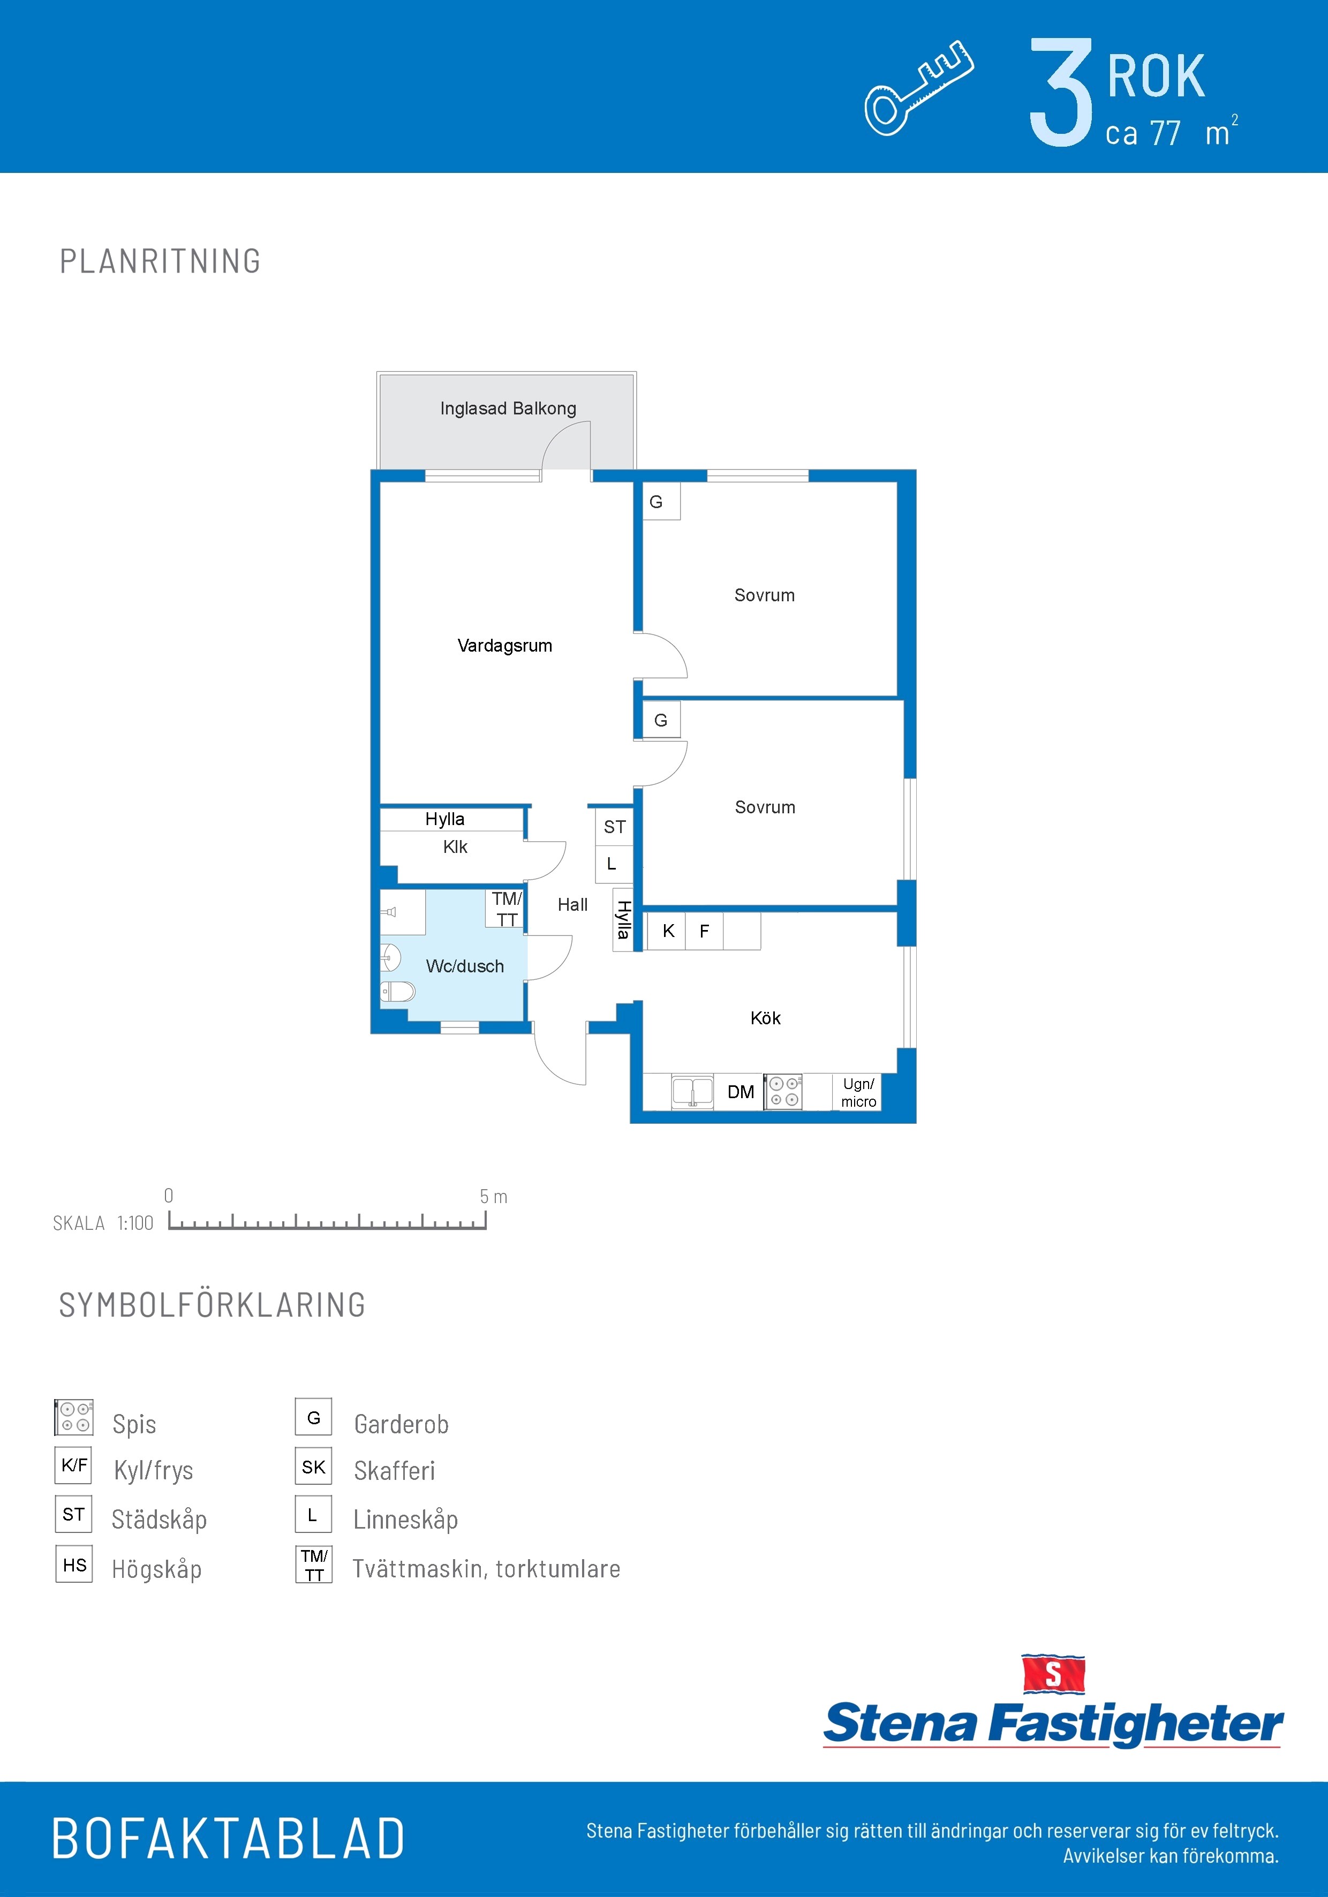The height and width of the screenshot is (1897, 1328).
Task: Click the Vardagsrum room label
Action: tap(505, 645)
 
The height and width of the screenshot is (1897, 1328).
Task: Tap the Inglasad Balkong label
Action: tap(508, 408)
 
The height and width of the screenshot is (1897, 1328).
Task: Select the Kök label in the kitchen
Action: tap(765, 1018)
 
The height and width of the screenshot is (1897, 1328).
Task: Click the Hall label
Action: tap(572, 905)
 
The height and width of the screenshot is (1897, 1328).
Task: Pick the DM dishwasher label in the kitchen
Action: tap(741, 1092)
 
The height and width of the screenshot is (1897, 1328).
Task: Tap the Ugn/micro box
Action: tap(858, 1092)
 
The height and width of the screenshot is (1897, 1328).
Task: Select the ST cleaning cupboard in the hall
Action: tap(614, 826)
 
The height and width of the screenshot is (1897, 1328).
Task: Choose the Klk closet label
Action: tap(455, 847)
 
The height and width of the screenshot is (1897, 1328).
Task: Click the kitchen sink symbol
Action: tap(692, 1091)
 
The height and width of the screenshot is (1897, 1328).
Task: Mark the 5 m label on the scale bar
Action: tap(493, 1196)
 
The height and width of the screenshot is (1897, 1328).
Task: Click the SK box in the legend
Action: tap(313, 1467)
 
